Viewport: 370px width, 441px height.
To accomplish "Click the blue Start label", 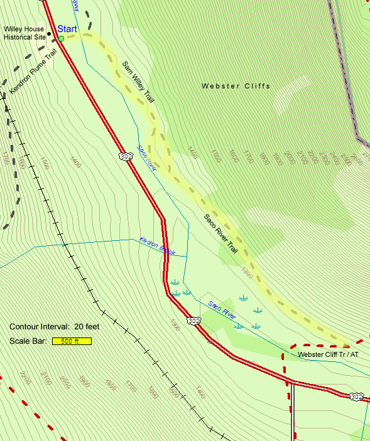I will [67, 29].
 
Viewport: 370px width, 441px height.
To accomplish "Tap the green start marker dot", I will [62, 39].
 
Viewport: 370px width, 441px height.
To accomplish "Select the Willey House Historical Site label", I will [24, 33].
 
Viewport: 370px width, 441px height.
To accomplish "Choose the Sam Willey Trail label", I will [138, 82].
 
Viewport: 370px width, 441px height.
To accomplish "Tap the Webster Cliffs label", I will [236, 86].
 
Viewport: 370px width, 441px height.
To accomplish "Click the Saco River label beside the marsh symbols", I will [221, 308].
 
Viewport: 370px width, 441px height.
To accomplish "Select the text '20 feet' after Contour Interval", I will [87, 327].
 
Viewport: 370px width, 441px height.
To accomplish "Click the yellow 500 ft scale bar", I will [72, 341].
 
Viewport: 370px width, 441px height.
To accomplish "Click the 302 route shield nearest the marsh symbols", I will [194, 321].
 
